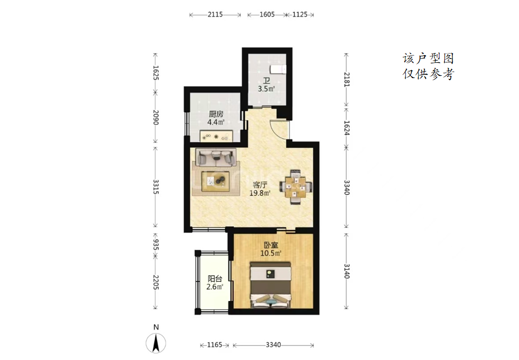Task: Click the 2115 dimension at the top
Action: click(x=215, y=15)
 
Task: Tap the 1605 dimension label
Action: click(x=267, y=15)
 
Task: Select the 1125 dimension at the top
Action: click(x=300, y=15)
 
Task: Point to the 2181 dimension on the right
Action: click(x=346, y=80)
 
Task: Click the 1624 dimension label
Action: click(x=346, y=128)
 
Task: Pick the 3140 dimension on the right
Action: click(x=346, y=271)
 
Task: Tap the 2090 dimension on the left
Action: click(x=156, y=117)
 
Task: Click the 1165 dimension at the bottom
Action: click(x=214, y=345)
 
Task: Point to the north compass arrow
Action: click(x=156, y=343)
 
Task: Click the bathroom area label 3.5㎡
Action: click(x=266, y=89)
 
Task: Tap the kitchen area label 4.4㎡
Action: click(x=216, y=122)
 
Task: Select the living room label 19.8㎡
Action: click(x=260, y=193)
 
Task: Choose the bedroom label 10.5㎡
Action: click(x=271, y=253)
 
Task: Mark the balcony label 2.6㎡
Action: click(x=214, y=286)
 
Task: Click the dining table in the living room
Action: click(x=295, y=187)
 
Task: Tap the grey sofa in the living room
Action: click(x=216, y=158)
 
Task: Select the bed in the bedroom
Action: click(x=271, y=285)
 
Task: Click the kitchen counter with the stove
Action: click(x=216, y=136)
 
